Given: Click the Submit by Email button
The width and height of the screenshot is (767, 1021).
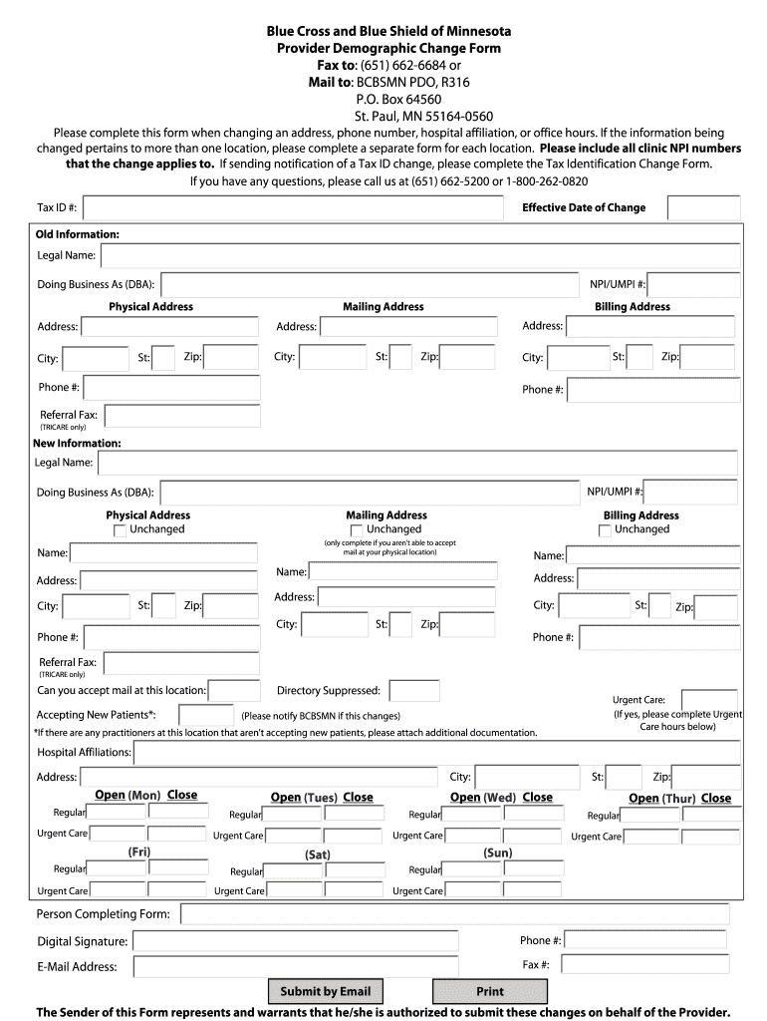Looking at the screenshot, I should point(325,991).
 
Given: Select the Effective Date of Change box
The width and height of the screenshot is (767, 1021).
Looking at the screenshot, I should point(703,207).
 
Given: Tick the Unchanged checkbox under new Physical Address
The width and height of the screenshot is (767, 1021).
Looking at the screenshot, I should point(121,530).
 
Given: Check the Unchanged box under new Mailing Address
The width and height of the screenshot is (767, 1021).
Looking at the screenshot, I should point(357,530).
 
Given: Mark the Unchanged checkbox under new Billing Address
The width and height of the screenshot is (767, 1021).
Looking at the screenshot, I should point(605,530).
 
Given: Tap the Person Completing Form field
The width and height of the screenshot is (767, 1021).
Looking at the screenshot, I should point(454,914).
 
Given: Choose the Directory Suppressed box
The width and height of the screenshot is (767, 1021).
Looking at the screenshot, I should point(414,690).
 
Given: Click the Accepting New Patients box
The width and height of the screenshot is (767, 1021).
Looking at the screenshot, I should point(206,715).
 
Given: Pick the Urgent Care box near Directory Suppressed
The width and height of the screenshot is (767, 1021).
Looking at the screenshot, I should point(708,699).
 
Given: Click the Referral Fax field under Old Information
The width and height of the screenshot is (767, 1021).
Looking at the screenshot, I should point(181,415).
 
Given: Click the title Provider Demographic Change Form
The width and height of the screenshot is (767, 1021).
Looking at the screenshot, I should point(388,48).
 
